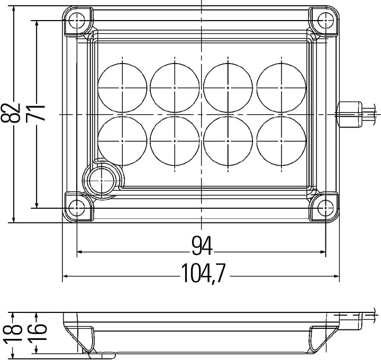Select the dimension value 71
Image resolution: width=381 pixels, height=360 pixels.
tap(36, 113)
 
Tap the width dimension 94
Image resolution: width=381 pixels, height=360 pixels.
tap(202, 246)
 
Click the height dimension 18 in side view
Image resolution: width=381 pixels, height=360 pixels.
tap(12, 332)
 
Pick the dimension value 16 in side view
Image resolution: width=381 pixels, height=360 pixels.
tap(37, 332)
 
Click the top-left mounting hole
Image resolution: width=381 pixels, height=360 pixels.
tap(77, 21)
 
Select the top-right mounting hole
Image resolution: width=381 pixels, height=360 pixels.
tap(325, 21)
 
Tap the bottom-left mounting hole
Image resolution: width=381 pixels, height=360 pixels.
tap(77, 208)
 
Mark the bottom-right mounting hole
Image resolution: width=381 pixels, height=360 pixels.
tap(325, 208)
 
